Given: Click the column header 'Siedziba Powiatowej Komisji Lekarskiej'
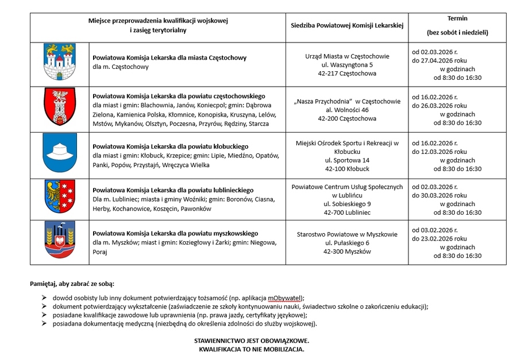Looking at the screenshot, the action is (x=347, y=25).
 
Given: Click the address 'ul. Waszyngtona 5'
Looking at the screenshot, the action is (x=347, y=65).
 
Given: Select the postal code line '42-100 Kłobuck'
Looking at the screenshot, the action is (x=347, y=169).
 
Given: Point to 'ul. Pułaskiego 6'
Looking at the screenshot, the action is (x=347, y=243).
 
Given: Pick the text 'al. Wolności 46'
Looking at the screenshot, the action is (x=347, y=110).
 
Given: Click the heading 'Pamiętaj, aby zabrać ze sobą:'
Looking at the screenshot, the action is (x=72, y=284).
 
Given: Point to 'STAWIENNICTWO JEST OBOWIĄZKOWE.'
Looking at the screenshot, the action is (x=252, y=340).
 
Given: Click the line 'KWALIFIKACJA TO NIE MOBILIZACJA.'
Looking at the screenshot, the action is (x=252, y=349).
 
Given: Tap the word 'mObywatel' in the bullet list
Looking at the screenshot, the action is (x=285, y=298).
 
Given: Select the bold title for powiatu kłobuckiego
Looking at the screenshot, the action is (x=170, y=146).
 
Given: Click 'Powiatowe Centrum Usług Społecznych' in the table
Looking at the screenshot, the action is (x=347, y=187).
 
